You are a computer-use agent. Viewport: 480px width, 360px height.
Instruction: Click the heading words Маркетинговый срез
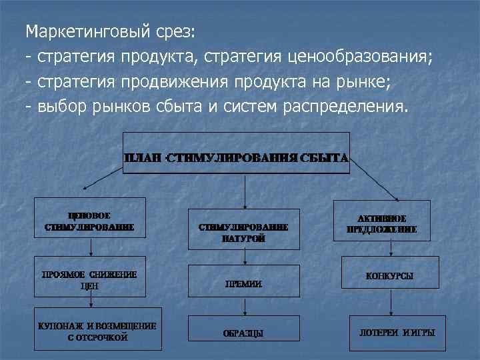click(x=111, y=32)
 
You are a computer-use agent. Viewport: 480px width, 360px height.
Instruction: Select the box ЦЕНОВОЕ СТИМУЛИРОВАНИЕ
click(x=90, y=221)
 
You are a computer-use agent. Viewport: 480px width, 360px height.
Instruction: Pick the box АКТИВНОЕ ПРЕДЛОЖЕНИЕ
click(x=381, y=223)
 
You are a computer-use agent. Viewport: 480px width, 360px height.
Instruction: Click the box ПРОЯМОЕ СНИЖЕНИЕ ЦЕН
click(x=90, y=279)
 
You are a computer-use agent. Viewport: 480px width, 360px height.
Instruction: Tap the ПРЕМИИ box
click(x=244, y=283)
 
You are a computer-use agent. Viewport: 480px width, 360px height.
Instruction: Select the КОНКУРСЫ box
click(x=389, y=275)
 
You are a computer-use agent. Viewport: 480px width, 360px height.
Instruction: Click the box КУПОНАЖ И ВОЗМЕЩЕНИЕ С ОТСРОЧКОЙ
click(x=97, y=331)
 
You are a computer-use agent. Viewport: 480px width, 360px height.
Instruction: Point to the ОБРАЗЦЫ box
click(x=244, y=332)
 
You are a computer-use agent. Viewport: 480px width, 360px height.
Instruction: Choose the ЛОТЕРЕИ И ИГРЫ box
click(x=393, y=331)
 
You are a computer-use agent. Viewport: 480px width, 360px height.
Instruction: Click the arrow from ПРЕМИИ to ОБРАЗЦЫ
click(x=245, y=307)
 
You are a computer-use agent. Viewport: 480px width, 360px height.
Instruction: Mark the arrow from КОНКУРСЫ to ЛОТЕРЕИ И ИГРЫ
click(x=391, y=301)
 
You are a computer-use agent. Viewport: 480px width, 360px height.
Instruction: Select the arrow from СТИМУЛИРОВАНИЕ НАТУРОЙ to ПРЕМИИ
click(x=245, y=256)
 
